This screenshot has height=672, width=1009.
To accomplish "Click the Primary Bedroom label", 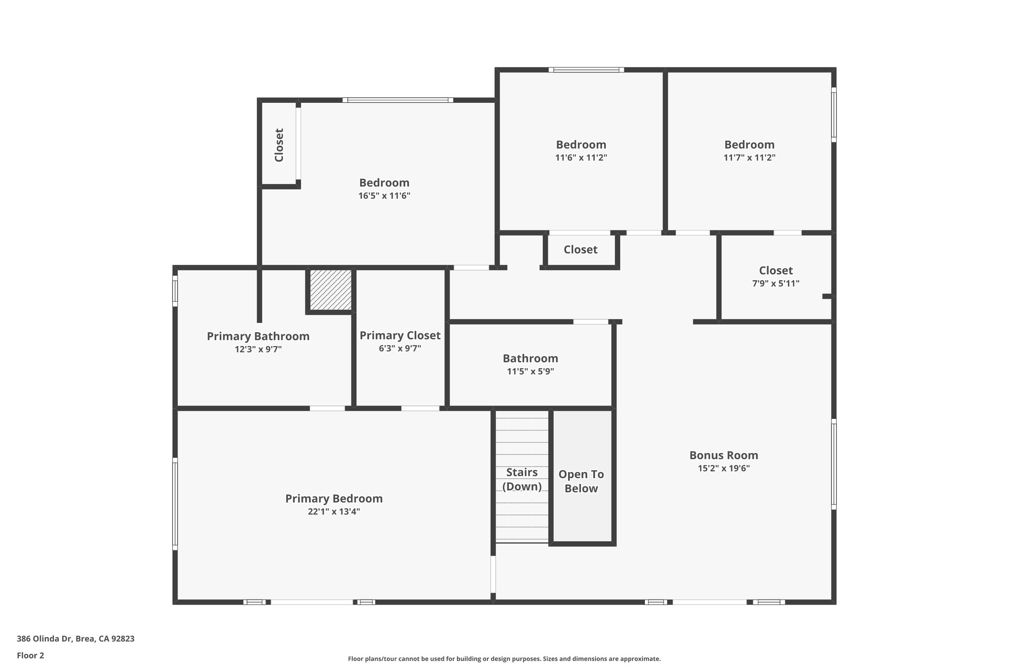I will coord(334,498).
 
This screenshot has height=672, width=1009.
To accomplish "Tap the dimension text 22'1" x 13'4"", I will coord(334,512).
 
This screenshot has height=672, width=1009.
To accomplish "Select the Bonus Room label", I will coord(723,455).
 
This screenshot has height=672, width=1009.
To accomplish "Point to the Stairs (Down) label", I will coord(522,479).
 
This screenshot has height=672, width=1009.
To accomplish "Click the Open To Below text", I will coord(581,481).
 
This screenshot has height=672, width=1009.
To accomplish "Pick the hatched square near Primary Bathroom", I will coord(331,289).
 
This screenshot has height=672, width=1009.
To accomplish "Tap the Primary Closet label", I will coord(400,335).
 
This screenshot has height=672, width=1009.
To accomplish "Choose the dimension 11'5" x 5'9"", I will coord(530,371).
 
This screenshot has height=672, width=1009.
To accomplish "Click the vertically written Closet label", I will coord(279,145).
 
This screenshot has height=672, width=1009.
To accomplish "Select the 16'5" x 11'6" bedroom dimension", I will coord(384,196).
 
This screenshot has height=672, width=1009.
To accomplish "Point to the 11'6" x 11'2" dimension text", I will coord(581,158).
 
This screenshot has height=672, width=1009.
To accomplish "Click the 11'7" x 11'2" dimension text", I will coord(749,158).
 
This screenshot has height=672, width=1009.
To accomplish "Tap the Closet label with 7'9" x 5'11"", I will coord(775,270).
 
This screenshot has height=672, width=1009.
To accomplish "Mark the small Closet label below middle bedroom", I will coord(580,250).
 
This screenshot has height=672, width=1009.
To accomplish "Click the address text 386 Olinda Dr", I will coord(75,639).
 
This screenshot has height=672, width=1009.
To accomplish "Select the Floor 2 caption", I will coord(31,655).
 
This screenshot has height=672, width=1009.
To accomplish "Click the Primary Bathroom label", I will coord(258,336).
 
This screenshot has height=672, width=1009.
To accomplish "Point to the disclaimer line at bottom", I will coord(504,659).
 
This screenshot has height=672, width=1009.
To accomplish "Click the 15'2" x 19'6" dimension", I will coord(723,468).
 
